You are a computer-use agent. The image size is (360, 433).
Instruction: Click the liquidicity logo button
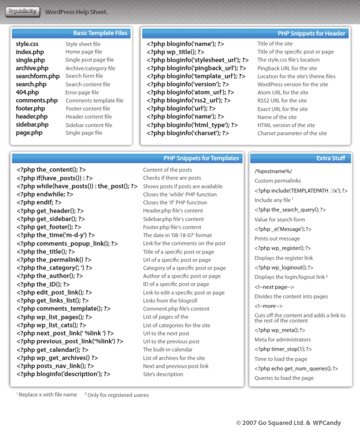22,12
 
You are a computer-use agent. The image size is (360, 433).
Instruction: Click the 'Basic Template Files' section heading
100,33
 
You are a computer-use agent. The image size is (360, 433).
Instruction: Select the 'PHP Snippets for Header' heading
311,33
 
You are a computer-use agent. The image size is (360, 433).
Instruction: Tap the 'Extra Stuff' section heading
330,159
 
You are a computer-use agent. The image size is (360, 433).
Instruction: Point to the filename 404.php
27,92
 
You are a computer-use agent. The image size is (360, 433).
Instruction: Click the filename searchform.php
38,76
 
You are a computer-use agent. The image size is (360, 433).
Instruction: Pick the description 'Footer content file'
88,109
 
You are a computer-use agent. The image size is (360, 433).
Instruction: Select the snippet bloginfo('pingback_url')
196,68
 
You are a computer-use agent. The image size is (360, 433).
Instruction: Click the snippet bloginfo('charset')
187,133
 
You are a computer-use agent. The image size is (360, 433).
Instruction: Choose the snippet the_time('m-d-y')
56,235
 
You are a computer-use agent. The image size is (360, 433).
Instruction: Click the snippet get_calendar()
52,349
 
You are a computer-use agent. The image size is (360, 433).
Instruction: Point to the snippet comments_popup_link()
67,243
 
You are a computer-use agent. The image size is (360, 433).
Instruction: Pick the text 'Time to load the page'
281,359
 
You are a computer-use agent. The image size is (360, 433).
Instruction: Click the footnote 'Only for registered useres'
119,395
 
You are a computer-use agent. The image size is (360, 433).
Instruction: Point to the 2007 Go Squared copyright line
289,423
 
